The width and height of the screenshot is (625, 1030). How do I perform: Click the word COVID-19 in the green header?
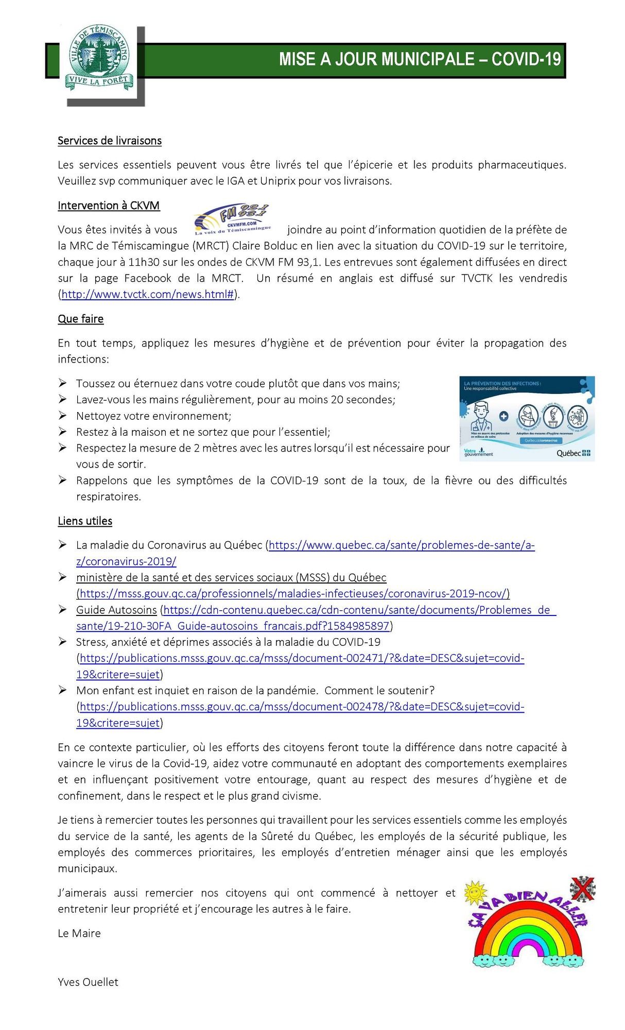(x=526, y=60)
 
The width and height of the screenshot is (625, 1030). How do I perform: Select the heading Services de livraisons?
(x=110, y=141)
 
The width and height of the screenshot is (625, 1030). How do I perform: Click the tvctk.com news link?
(x=148, y=295)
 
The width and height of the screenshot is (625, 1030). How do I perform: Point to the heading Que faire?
(x=80, y=319)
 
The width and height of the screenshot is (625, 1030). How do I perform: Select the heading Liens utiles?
(x=85, y=521)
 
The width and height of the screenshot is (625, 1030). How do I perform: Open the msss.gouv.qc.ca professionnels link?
(x=293, y=593)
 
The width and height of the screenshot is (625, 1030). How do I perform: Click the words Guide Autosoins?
(x=116, y=610)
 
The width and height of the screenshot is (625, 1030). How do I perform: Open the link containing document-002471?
(x=302, y=658)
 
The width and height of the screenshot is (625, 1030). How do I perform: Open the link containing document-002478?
(x=302, y=707)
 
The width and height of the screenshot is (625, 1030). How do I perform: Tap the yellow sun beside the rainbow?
(x=475, y=892)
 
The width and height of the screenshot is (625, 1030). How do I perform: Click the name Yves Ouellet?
(x=88, y=982)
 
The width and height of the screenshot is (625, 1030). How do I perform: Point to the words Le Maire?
(x=79, y=933)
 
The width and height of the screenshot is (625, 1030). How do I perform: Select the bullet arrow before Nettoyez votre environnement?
(x=62, y=415)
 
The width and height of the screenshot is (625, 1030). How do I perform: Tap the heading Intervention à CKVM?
(x=109, y=205)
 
